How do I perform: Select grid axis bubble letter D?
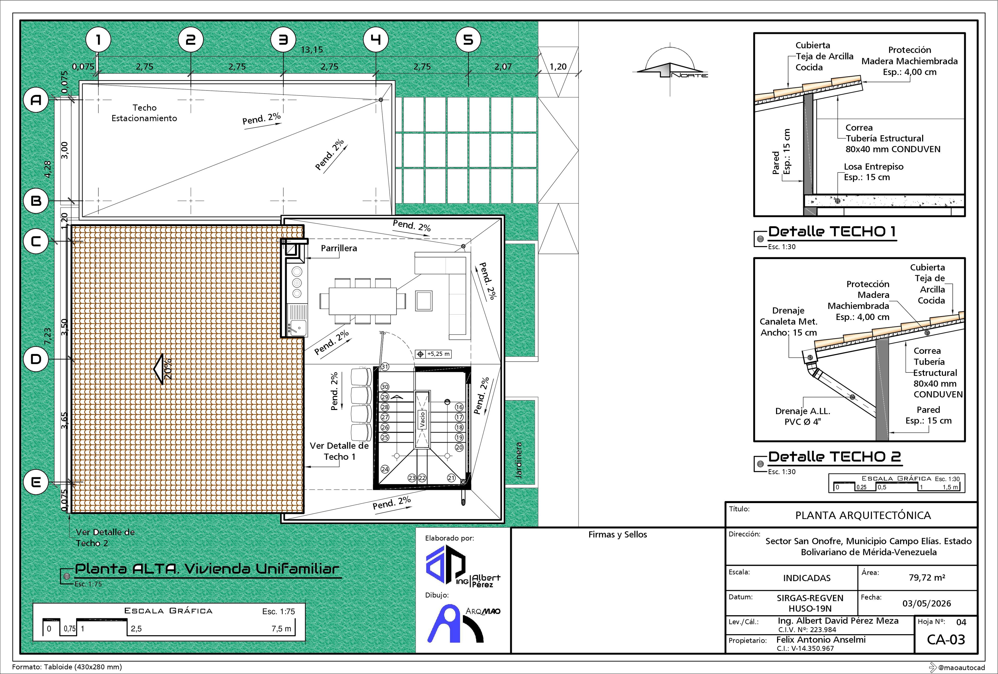point(36,359)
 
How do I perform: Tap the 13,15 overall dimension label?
point(312,49)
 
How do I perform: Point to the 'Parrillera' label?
point(339,248)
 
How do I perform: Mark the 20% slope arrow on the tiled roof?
point(163,369)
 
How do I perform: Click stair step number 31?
point(385,367)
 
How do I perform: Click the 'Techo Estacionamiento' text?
point(144,113)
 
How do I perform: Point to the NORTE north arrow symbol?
point(672,69)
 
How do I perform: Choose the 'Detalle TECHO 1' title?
point(832,232)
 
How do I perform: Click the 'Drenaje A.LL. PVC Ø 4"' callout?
point(803,416)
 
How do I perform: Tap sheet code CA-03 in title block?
point(946,640)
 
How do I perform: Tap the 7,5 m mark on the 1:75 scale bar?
point(281,628)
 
